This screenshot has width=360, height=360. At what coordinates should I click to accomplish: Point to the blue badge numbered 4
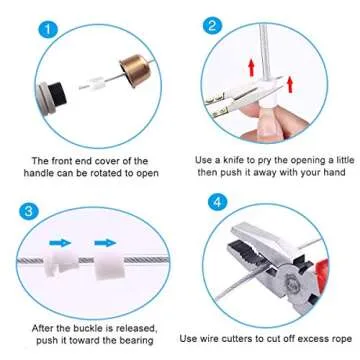(214, 204)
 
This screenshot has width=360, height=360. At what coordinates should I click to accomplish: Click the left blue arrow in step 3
(63, 241)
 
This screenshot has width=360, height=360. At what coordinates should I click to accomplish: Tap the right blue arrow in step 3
(104, 241)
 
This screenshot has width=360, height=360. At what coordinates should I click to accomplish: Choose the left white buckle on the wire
(61, 265)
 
